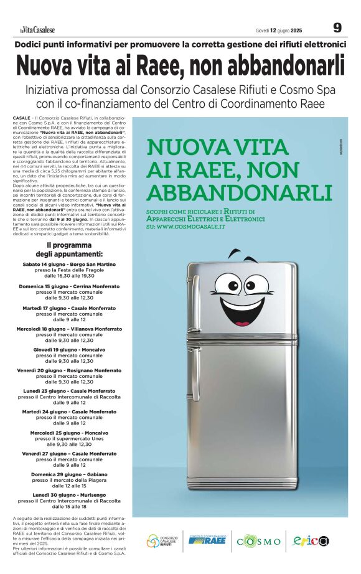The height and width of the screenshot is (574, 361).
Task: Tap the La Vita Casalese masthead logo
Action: pyautogui.click(x=36, y=29)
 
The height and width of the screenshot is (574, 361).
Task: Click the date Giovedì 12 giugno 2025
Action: pyautogui.click(x=279, y=30)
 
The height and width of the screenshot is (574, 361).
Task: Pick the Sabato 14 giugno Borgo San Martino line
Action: pyautogui.click(x=69, y=265)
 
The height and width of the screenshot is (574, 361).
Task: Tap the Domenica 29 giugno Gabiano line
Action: pyautogui.click(x=69, y=474)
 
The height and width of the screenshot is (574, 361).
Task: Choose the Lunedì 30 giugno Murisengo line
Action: pyautogui.click(x=69, y=494)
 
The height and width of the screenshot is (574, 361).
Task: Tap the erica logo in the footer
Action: pyautogui.click(x=311, y=540)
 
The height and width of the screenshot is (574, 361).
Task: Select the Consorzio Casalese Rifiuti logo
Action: pyautogui.click(x=163, y=540)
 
